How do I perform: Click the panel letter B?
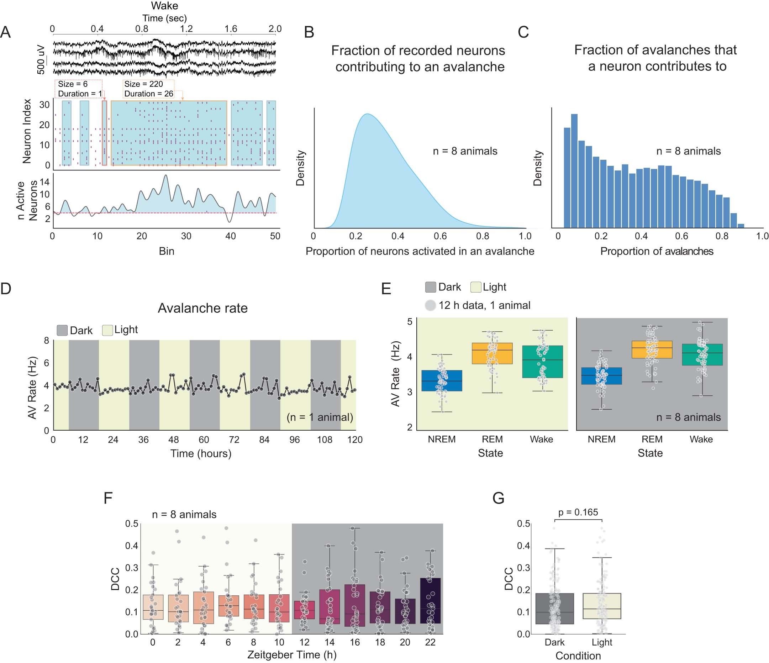click(x=309, y=32)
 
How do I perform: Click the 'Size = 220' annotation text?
click(x=143, y=84)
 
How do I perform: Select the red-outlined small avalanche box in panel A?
click(x=104, y=133)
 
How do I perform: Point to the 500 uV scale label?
click(x=41, y=60)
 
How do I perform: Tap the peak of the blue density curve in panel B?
click(x=367, y=114)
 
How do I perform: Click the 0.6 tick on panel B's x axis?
click(x=440, y=236)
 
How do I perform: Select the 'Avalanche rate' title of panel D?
click(x=202, y=308)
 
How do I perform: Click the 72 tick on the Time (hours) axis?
click(x=234, y=440)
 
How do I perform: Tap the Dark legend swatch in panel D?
click(x=62, y=330)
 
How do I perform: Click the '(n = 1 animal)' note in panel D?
click(x=320, y=417)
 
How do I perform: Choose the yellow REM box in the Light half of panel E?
click(x=492, y=353)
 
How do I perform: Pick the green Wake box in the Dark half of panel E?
click(x=702, y=355)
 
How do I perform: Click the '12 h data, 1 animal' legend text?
click(x=484, y=305)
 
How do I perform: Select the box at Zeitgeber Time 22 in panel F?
click(x=430, y=601)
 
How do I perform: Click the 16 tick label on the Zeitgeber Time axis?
click(x=355, y=642)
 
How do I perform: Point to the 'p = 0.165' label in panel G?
click(x=578, y=512)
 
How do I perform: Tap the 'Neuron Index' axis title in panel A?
click(x=27, y=131)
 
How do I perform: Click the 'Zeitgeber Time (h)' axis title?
click(x=292, y=654)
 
